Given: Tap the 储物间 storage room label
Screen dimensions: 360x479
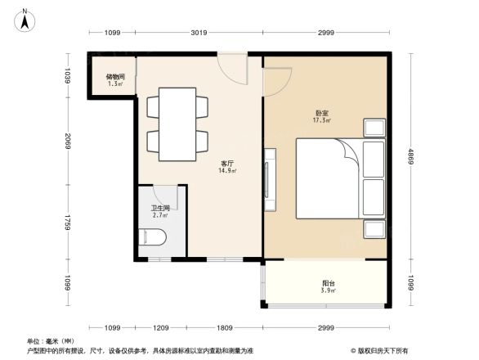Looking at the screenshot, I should point(114,77).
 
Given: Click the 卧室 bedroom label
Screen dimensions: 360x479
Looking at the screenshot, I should point(321,113).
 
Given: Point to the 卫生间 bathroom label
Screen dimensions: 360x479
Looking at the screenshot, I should point(160,209).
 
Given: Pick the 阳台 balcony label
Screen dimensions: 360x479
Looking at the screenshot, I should point(325,284).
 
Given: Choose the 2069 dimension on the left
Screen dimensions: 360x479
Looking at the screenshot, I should point(70,141).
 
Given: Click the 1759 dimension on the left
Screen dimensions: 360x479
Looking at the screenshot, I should point(70,223).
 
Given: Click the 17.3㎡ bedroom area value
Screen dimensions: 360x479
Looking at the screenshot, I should point(321,121).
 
